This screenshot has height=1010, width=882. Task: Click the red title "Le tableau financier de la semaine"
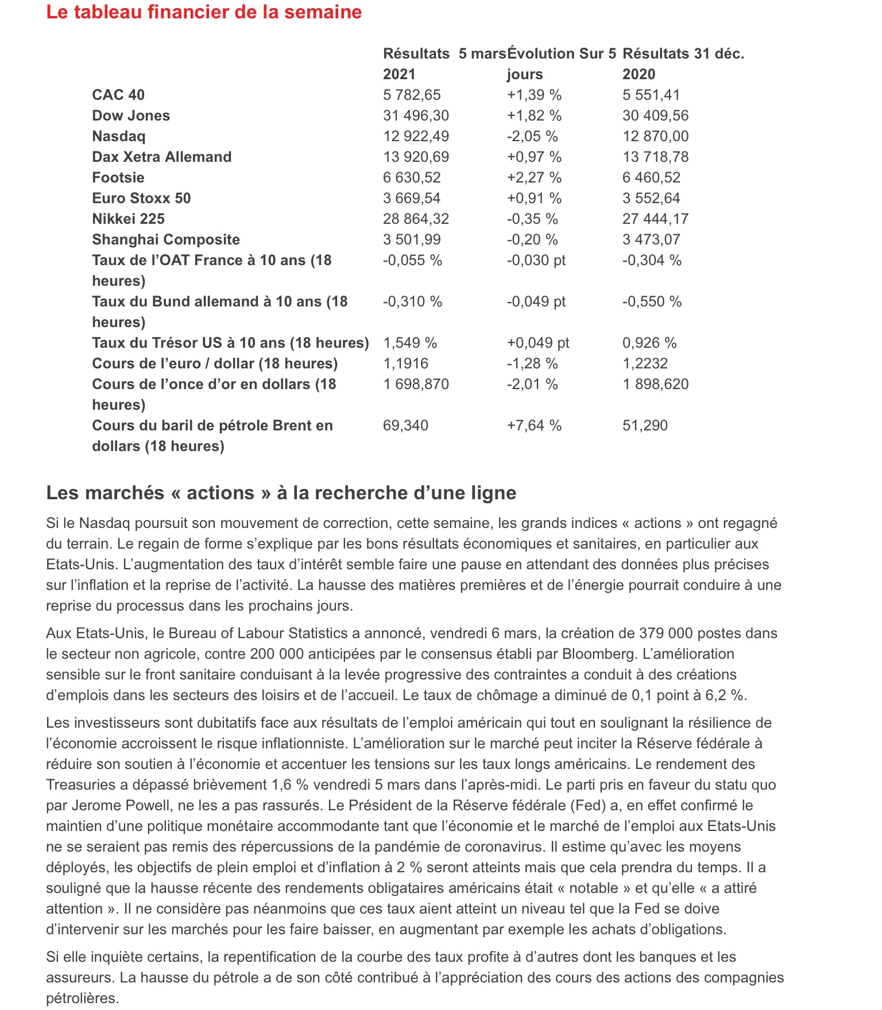click(204, 12)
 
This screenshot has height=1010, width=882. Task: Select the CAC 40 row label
click(118, 95)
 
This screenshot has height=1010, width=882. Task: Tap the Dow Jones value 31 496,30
click(416, 115)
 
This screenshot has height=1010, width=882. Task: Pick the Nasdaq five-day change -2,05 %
click(532, 136)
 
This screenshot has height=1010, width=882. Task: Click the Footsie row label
click(118, 177)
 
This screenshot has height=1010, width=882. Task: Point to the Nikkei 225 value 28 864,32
click(416, 219)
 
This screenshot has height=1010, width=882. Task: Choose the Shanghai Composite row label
click(166, 239)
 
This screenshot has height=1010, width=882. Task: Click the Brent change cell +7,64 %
click(533, 425)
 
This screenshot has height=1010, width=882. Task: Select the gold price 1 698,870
click(416, 384)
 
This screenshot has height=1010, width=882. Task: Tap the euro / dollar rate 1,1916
click(405, 363)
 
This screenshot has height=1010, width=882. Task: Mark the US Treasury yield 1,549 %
click(410, 343)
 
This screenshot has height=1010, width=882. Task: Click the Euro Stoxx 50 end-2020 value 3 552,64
click(651, 198)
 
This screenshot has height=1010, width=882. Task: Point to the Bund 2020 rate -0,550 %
click(652, 301)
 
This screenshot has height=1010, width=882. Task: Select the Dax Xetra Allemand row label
click(162, 157)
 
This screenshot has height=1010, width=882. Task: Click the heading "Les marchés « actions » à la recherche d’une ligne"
click(281, 492)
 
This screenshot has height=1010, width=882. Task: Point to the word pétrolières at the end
click(82, 998)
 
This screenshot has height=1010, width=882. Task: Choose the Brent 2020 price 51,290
click(645, 425)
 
